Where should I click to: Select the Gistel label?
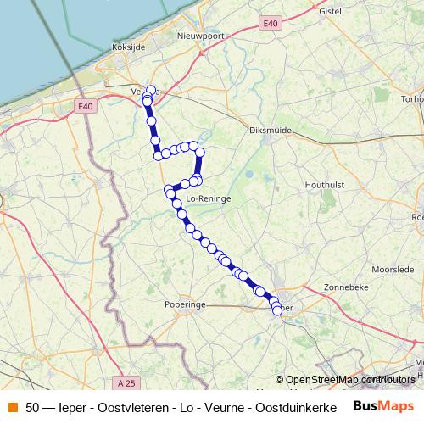[328, 11]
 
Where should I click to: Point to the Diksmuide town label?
[270, 131]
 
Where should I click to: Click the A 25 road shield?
[127, 383]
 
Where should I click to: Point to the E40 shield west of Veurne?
[84, 106]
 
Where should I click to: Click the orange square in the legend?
[12, 406]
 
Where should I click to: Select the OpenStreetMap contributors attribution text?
[349, 379]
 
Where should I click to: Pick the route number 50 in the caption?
[33, 406]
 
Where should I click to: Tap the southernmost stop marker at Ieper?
[276, 311]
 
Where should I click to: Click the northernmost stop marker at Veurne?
[152, 90]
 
